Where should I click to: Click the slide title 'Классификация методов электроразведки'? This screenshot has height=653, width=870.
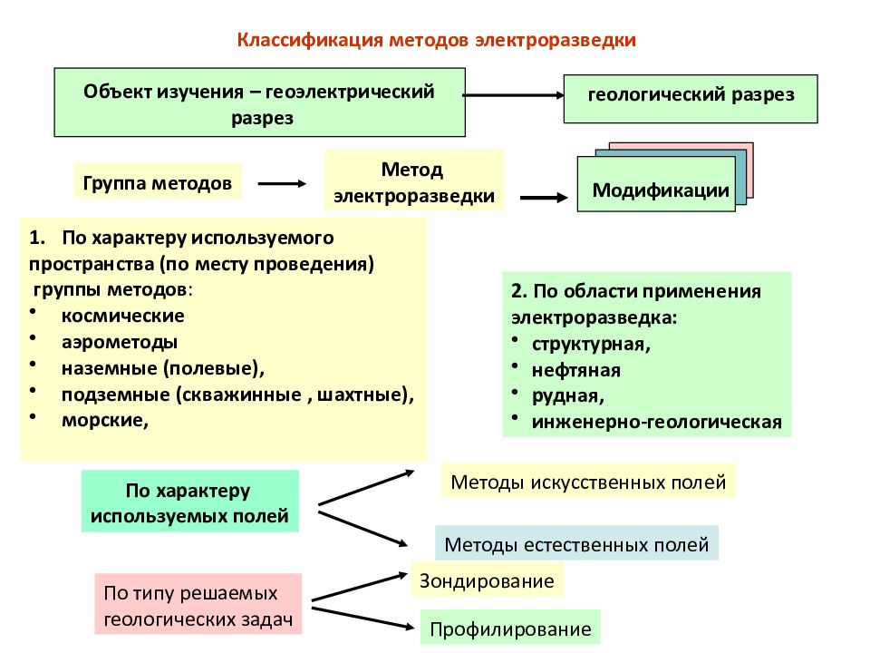[x=436, y=41]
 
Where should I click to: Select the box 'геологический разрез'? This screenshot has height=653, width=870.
[x=691, y=99]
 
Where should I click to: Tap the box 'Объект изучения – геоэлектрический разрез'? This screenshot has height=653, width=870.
[x=260, y=102]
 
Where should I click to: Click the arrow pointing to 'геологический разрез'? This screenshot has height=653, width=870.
[x=514, y=95]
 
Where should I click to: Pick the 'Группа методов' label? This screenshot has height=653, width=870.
[x=158, y=181]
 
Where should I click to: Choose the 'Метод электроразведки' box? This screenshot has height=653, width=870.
[x=414, y=180]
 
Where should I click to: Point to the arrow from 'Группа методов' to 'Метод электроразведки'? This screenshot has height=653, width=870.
[x=282, y=183]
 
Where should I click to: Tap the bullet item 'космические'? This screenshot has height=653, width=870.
[x=122, y=316]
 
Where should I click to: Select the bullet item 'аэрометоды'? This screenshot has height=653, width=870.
[x=120, y=342]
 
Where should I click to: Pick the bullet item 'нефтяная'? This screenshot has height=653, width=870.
[x=576, y=370]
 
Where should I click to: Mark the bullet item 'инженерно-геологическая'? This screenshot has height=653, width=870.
[x=656, y=422]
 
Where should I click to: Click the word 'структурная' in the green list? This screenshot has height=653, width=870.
[x=588, y=345]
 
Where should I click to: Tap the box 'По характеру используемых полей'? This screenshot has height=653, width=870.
[x=189, y=502]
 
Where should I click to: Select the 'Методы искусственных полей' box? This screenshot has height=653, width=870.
[x=588, y=482]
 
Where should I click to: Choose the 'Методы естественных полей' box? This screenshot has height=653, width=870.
[x=576, y=543]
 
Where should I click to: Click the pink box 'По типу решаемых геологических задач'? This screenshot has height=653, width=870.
[x=198, y=604]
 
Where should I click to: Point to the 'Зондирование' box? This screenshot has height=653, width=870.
[x=487, y=580]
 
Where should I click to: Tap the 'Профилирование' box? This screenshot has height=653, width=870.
[x=510, y=628]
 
